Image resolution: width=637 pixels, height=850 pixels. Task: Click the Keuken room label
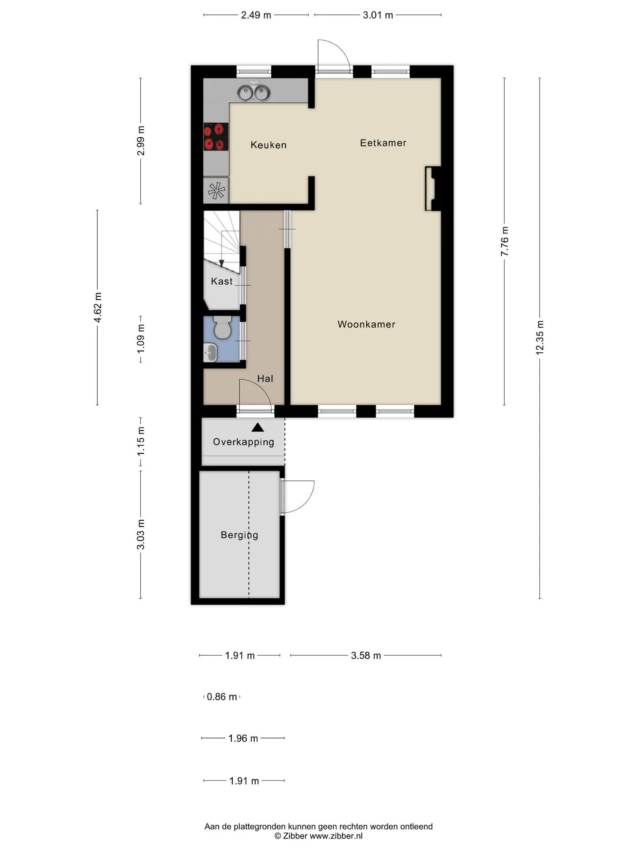pos(269,145)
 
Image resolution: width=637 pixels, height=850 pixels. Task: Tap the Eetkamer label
pos(383,143)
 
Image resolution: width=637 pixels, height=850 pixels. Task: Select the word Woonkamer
pos(366,325)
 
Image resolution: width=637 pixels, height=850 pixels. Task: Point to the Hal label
pos(265,379)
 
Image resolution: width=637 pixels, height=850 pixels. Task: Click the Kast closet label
pos(222,281)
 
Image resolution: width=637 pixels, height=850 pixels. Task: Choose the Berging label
pos(239,535)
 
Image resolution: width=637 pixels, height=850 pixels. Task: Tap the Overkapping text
pos(244,442)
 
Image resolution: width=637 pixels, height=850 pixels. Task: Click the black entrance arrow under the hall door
pos(258,427)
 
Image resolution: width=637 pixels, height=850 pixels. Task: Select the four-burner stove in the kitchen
pos(216,137)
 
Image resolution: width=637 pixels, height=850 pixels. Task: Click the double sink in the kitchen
pos(254,93)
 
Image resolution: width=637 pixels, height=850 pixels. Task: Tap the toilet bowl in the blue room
pos(221,328)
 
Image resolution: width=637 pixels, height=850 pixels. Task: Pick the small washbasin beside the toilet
pos(210,353)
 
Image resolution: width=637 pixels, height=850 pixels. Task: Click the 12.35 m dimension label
pos(540,337)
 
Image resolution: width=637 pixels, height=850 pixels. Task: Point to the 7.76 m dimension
pos(504,241)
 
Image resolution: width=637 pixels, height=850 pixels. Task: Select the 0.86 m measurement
pos(222,697)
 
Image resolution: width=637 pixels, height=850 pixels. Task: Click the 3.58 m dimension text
pos(366,656)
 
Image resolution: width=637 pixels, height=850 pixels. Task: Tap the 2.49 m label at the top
pos(256,15)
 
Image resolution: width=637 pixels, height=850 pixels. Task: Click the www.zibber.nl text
pos(336,836)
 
